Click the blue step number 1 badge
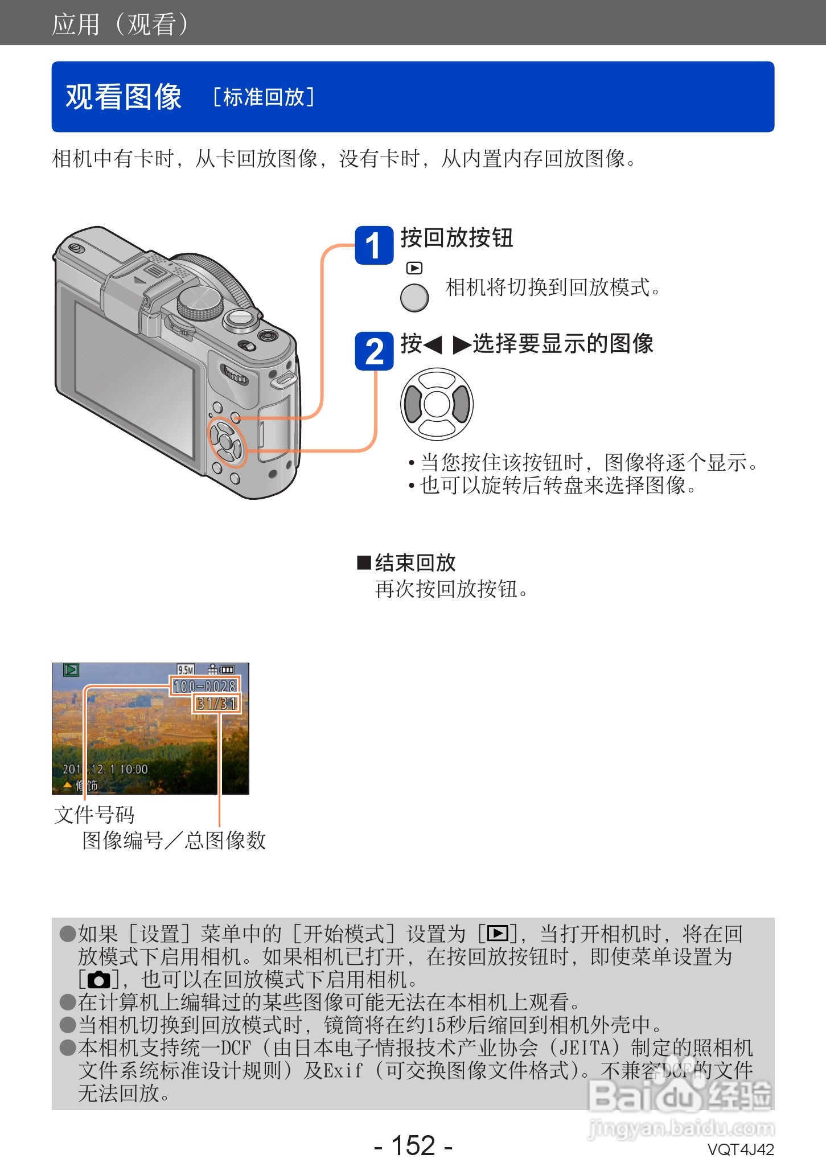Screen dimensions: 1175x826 click(374, 245)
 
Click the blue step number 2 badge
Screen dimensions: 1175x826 click(374, 351)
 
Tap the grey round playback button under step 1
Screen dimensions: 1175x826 click(414, 297)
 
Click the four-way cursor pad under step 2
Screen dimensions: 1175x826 click(437, 404)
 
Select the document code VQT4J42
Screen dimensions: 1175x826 click(740, 1149)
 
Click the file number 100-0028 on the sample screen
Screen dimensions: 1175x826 click(205, 686)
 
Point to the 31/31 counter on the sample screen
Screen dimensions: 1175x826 click(217, 704)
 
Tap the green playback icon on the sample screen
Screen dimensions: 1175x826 click(71, 670)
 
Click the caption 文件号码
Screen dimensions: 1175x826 click(94, 815)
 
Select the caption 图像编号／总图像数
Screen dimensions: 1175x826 click(174, 840)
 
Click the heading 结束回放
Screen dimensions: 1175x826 click(414, 562)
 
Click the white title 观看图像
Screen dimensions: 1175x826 click(124, 97)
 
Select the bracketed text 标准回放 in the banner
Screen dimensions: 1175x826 click(264, 97)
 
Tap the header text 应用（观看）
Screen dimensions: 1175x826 click(120, 24)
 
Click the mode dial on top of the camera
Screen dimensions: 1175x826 click(200, 302)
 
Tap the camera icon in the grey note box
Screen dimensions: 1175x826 click(98, 980)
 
